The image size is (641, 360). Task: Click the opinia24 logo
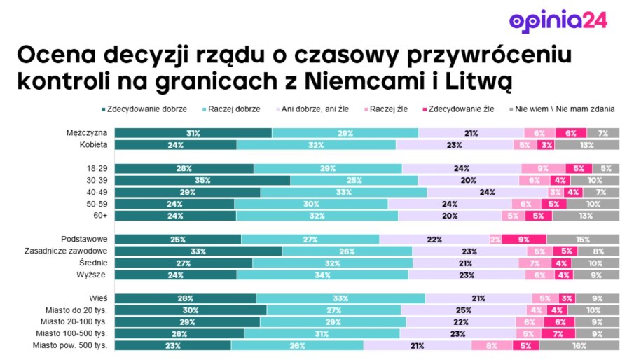558,20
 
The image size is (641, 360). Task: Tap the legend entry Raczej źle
389,109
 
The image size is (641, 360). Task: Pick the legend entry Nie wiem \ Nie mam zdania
565,109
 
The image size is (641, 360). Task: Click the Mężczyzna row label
86,133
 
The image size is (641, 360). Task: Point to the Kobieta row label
93,145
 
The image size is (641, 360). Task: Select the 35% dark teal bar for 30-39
202,180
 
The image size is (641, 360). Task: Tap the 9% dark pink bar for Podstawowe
524,239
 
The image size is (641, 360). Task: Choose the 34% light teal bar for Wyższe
322,275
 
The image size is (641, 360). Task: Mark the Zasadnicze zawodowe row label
65,251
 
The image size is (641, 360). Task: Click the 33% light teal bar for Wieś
340,298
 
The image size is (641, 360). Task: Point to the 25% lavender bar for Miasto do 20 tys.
463,310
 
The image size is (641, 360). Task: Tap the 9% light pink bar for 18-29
543,168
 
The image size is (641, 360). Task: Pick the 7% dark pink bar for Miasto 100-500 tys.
558,333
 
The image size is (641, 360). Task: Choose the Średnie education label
93,263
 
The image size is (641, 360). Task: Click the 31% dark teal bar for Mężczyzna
193,133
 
